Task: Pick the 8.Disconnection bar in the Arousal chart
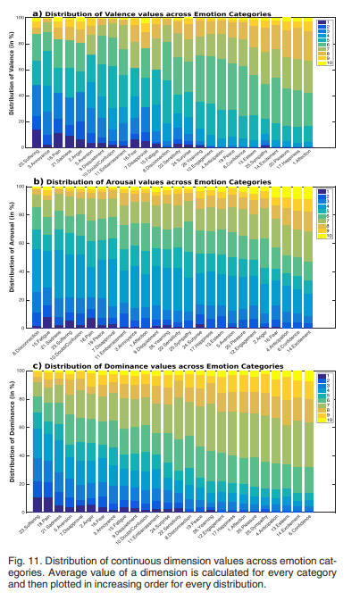[x=36, y=259]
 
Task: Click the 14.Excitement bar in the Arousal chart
[x=307, y=259]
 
